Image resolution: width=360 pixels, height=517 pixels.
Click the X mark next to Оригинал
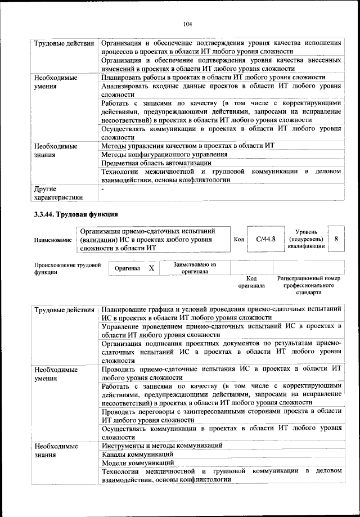coord(151,268)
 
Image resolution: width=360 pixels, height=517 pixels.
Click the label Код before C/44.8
coord(238,239)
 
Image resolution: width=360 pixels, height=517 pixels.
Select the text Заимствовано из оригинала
coord(187,267)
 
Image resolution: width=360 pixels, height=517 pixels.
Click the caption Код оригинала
coord(251,281)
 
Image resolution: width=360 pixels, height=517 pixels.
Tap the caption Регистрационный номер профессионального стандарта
coord(308,285)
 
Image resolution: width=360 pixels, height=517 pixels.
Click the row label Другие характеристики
coord(58,193)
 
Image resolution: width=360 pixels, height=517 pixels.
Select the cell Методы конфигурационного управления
coord(164,154)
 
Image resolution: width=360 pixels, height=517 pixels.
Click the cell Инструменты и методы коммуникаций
coord(162,445)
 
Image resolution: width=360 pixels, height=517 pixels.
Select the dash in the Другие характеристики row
coord(102,189)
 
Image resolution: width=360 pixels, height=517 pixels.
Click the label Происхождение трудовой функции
coord(67,268)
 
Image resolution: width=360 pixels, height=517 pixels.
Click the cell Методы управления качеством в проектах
coord(187,145)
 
